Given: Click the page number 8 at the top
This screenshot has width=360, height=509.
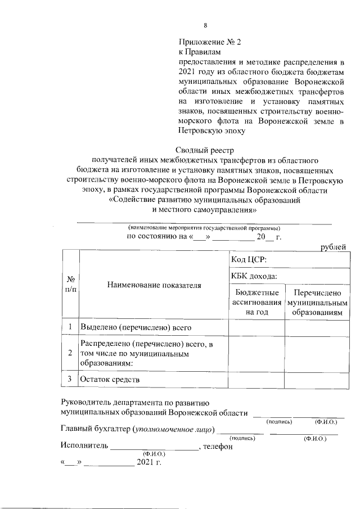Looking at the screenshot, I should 205,25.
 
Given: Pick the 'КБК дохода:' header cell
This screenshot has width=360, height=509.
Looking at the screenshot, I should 254,276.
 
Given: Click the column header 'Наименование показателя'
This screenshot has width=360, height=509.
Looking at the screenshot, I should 154,285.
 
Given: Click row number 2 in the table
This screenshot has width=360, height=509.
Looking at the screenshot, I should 70,353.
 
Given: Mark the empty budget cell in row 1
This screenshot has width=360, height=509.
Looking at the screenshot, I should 256,327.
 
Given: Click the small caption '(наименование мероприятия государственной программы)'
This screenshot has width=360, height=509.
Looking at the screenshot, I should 204,227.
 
